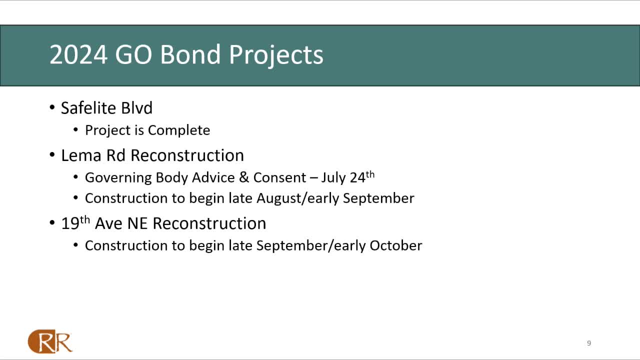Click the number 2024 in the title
[78, 54]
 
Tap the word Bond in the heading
[190, 54]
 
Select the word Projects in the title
[276, 56]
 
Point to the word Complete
[179, 130]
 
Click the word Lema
[81, 155]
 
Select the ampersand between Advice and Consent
[243, 177]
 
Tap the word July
[333, 178]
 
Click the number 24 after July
[357, 177]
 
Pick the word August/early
[297, 198]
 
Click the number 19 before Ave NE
[70, 223]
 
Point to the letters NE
[137, 223]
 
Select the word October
[395, 245]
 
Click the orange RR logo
[50, 341]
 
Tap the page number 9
[589, 343]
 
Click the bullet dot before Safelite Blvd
[52, 107]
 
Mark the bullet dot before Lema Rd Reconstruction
[52, 155]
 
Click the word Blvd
[136, 108]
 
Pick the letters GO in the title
[133, 54]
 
